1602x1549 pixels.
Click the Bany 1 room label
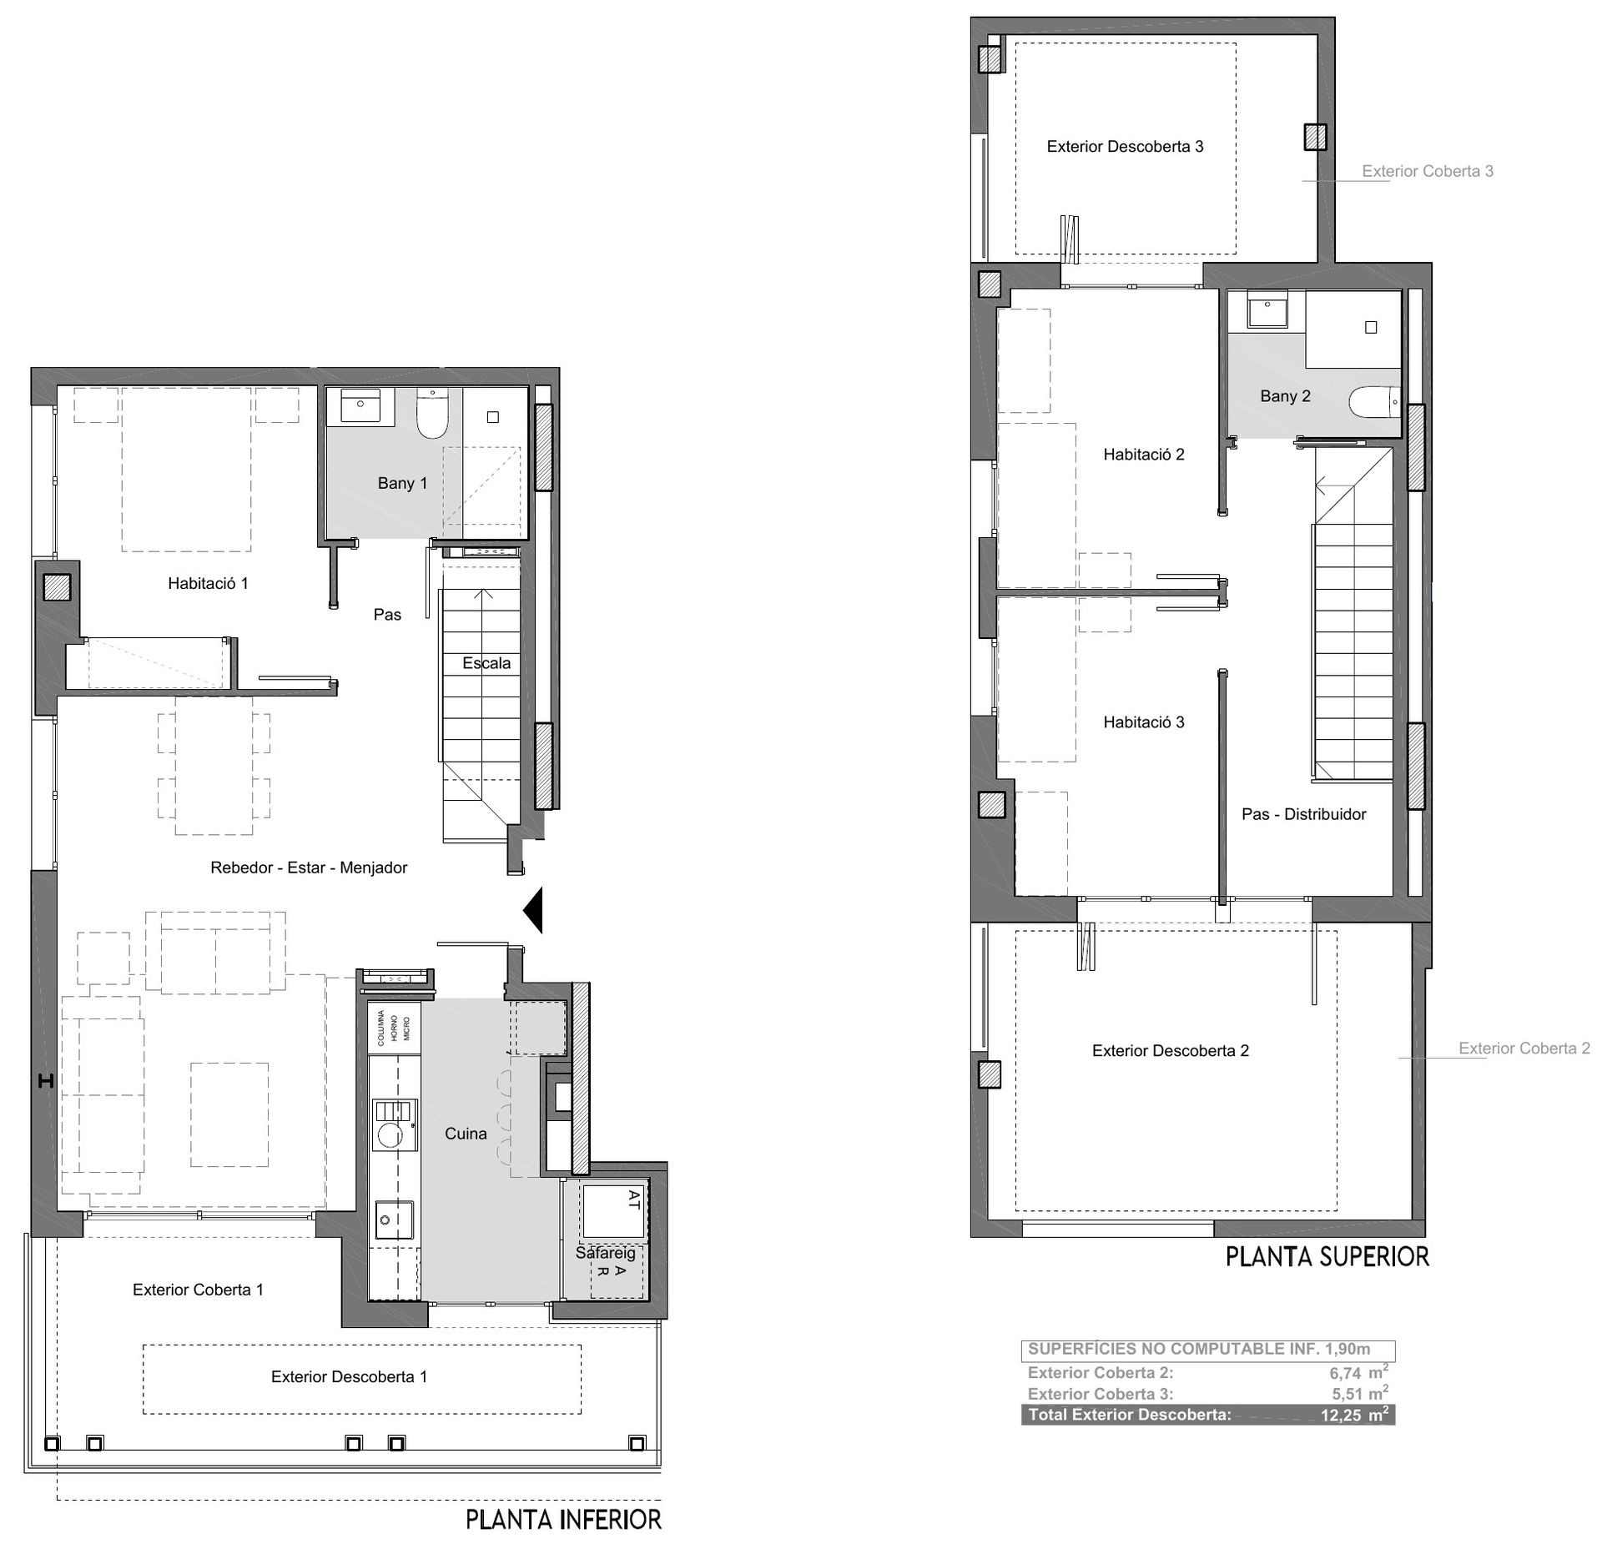point(402,483)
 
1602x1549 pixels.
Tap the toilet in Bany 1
point(432,415)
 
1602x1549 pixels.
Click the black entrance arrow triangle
point(533,910)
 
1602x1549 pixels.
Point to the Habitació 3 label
point(1143,722)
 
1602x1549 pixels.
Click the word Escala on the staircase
point(486,663)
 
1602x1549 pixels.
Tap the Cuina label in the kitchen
point(466,1134)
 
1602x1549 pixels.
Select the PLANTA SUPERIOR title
point(1327,1257)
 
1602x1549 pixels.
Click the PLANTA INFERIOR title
point(563,1520)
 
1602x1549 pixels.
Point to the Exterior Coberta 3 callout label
point(1428,171)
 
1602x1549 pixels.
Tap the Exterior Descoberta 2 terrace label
point(1171,1051)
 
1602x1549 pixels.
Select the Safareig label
point(605,1253)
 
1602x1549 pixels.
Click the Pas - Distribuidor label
point(1304,814)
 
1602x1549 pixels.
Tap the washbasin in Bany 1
point(360,405)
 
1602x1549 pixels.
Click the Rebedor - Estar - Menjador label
point(309,868)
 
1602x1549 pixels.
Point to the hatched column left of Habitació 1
point(58,588)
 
